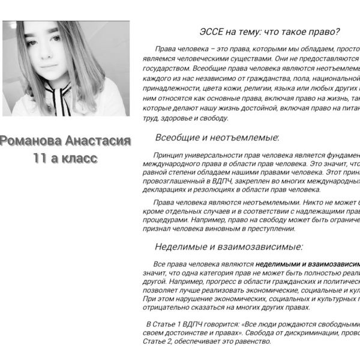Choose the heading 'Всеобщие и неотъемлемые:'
pyautogui.click(x=217, y=137)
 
